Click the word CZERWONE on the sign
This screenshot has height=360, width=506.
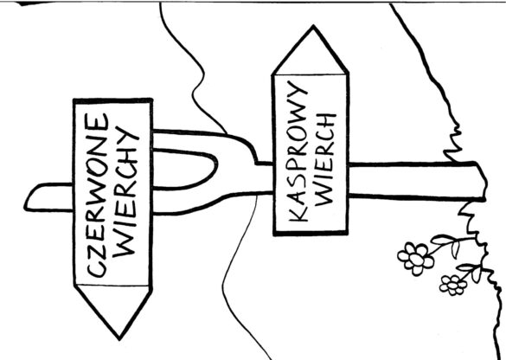pos(97,196)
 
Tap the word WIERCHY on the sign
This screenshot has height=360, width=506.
pos(126,191)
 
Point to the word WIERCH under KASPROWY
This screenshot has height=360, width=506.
pos(325,159)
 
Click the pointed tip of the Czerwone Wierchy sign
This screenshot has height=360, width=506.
pos(119,339)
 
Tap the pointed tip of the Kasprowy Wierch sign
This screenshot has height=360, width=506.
pos(313,26)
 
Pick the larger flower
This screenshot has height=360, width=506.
pos(415,259)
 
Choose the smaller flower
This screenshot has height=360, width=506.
pos(453,285)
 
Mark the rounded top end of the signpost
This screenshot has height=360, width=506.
pos(28,197)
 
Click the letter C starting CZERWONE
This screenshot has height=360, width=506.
pos(98,271)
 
